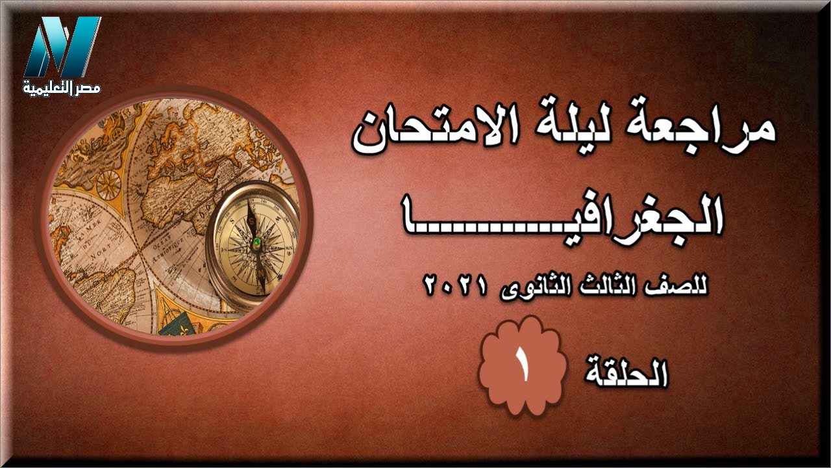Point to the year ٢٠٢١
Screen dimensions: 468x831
click(x=454, y=285)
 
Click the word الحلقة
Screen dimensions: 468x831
click(x=626, y=372)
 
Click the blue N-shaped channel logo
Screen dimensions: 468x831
click(x=62, y=47)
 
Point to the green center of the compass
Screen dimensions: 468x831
click(x=257, y=241)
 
